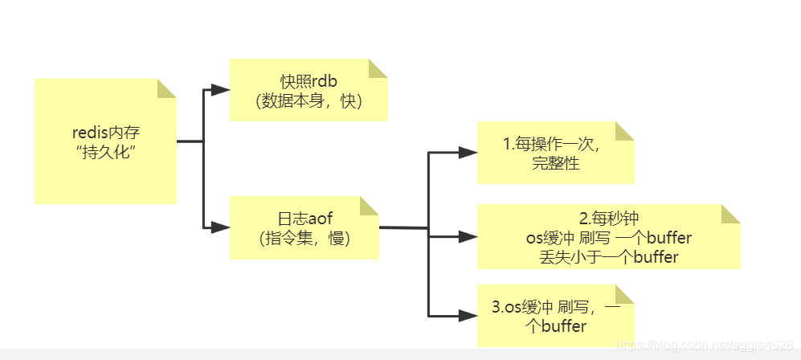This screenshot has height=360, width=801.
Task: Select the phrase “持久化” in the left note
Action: coord(106,153)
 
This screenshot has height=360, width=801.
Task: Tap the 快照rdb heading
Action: coord(309,82)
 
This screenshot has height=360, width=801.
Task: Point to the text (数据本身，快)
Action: coord(309,101)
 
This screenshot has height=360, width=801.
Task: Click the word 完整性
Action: coord(555,164)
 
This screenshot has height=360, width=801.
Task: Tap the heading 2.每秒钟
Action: coord(608,219)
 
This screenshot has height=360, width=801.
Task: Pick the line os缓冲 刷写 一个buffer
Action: coord(607,239)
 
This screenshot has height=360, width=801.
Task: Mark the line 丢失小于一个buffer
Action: coord(609,258)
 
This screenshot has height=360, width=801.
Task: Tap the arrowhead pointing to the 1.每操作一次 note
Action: coord(468,152)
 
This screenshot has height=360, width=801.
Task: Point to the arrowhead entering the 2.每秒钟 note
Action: coord(468,236)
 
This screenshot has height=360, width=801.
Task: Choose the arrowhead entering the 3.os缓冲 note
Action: coord(468,314)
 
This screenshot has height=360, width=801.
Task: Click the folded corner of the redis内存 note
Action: coord(166,88)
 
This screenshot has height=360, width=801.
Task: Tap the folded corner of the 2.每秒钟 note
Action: coord(730,214)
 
